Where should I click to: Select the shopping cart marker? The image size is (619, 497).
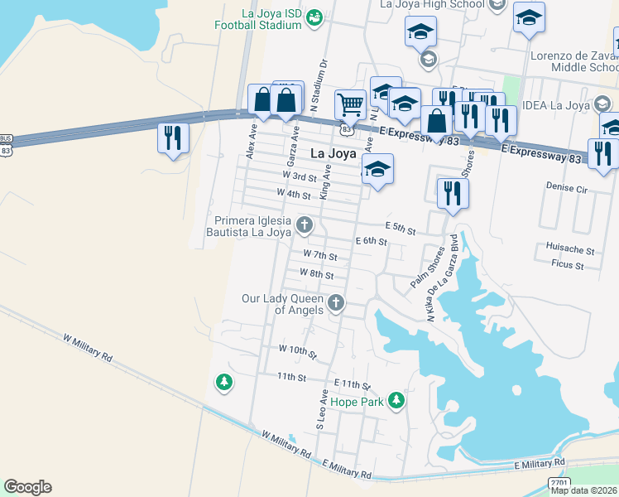(351, 105)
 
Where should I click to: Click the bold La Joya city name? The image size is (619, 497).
(333, 153)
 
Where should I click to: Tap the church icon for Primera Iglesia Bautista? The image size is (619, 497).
(305, 224)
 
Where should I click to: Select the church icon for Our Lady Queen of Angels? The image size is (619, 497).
(336, 303)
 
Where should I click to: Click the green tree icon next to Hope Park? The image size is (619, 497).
(396, 401)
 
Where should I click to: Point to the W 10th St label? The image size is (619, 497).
(298, 352)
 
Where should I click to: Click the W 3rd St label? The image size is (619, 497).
(300, 176)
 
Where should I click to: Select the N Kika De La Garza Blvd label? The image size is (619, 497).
(443, 278)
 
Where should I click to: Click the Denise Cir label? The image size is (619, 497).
(566, 189)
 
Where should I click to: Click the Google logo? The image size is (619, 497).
(27, 487)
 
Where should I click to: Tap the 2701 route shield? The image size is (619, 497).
(559, 482)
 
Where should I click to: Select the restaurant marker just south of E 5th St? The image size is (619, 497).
(452, 193)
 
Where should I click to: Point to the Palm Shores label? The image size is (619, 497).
(428, 268)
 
